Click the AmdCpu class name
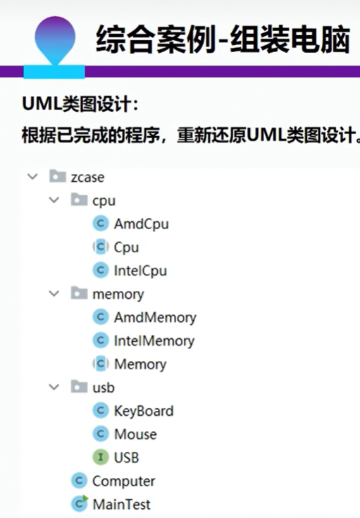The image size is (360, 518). [x=141, y=224]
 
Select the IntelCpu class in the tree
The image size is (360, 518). [x=140, y=271]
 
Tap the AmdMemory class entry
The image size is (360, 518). [x=155, y=317]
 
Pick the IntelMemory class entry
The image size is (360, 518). [x=154, y=341]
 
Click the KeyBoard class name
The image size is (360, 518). [x=144, y=411]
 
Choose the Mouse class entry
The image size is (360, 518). [x=135, y=434]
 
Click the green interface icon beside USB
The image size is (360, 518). [x=101, y=457]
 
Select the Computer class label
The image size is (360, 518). [x=123, y=481]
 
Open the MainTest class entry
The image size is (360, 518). [x=122, y=505]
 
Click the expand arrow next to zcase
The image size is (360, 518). [x=32, y=176]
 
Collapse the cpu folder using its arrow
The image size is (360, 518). [x=54, y=200]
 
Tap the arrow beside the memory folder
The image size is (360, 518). [x=54, y=293]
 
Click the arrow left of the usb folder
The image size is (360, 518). [x=54, y=387]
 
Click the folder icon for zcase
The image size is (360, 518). [x=58, y=176]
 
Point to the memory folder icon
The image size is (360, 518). [x=80, y=293]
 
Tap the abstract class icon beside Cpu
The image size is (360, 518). [x=101, y=247]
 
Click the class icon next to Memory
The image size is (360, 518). [x=101, y=364]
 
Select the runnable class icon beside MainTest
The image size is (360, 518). [x=80, y=504]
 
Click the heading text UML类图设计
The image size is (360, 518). [x=80, y=104]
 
